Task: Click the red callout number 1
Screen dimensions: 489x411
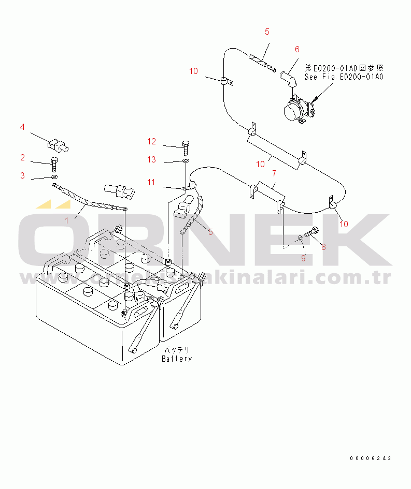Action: point(66,220)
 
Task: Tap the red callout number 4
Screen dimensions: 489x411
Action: point(22,127)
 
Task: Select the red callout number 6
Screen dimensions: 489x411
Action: point(297,50)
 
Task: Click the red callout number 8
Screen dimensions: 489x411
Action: point(323,247)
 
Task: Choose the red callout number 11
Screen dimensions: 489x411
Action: point(151,182)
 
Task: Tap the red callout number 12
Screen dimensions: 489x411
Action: point(151,141)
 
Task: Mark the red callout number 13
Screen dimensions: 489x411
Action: point(151,160)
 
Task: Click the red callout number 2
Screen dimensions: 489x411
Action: point(22,157)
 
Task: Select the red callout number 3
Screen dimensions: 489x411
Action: point(22,175)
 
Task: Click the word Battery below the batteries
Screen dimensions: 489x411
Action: point(177,359)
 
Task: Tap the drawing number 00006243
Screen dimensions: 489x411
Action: point(370,458)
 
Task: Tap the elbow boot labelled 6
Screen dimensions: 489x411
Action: point(288,80)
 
